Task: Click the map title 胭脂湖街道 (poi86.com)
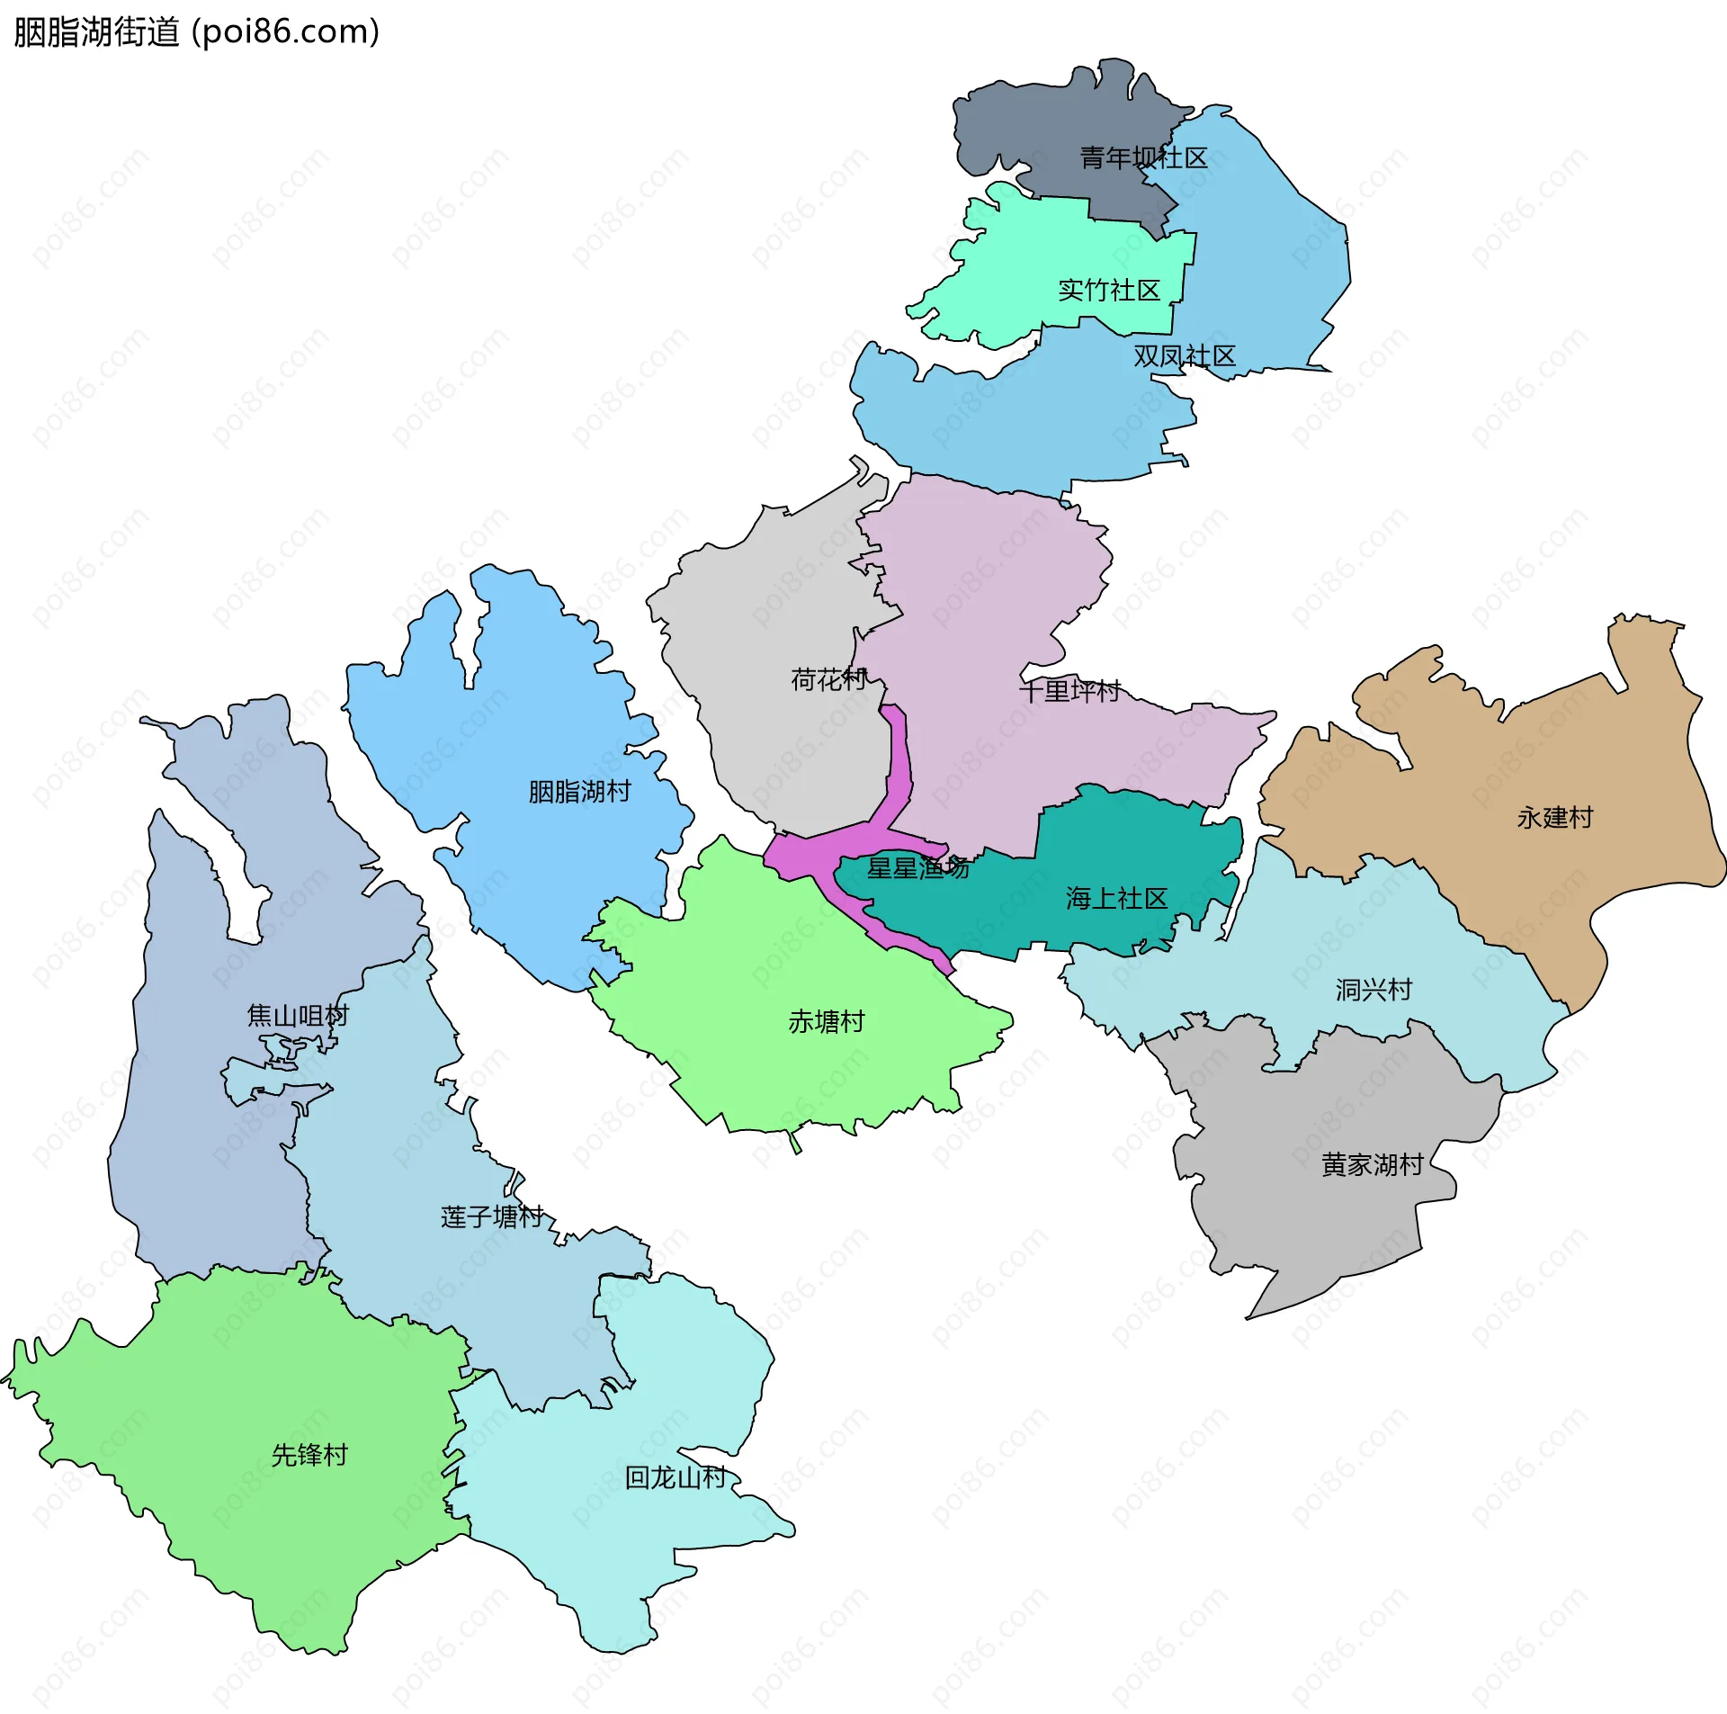tap(196, 32)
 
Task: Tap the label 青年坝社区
tap(1142, 158)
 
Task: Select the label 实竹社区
tap(1108, 291)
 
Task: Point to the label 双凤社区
tap(1184, 356)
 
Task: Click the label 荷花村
tap(828, 679)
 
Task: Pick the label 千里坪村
tap(1069, 691)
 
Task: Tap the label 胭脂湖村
tap(579, 792)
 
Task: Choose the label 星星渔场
tap(917, 868)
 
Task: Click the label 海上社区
tap(1116, 898)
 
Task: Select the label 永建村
tap(1554, 818)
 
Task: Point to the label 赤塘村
tap(826, 1022)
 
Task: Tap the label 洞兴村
tap(1373, 991)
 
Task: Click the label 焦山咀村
tap(298, 1016)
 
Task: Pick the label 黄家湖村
tap(1372, 1165)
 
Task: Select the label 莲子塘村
tap(492, 1217)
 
